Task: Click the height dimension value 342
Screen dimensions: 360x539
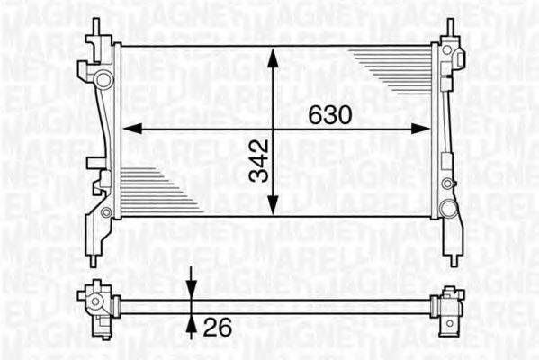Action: [260, 160]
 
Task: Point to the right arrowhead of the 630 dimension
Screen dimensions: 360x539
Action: [422, 129]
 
